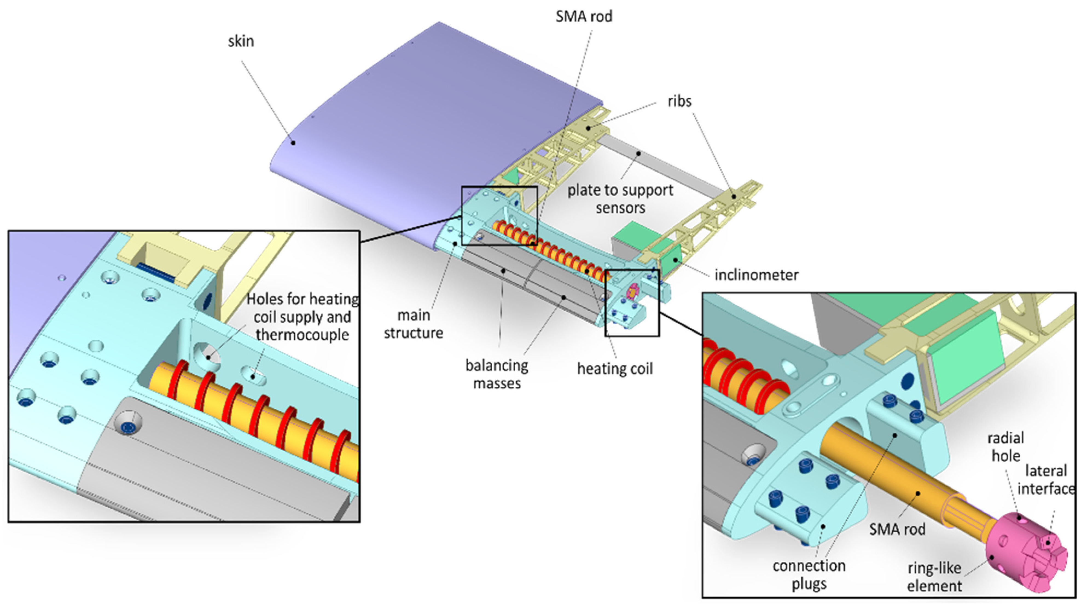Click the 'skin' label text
[x=241, y=41]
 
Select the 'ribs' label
[x=679, y=102]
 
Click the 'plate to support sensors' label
[x=620, y=199]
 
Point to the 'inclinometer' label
[x=756, y=275]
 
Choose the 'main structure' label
[x=413, y=324]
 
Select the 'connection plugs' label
[x=809, y=575]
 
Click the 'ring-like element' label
[x=934, y=577]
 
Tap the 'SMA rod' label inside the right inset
[x=897, y=529]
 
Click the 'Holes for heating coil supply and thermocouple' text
[x=302, y=317]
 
